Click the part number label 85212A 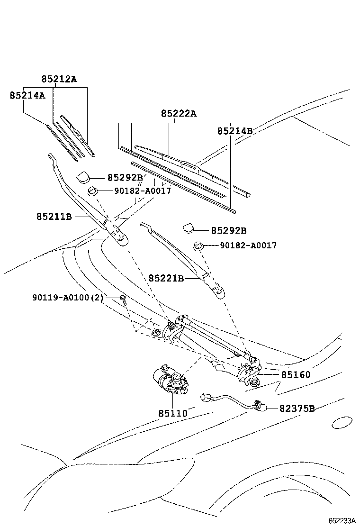tap(58, 80)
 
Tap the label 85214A tap(27, 96)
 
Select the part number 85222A tap(178, 114)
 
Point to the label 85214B tap(234, 131)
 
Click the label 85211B tap(54, 217)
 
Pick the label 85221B tap(166, 279)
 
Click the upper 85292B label tap(125, 178)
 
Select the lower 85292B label tap(228, 231)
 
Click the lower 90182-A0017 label tap(248, 245)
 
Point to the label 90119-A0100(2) tap(68, 297)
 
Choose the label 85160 tap(296, 375)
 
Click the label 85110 tap(173, 413)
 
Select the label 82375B tap(297, 408)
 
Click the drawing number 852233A tap(342, 520)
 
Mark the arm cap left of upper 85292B tap(84, 177)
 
